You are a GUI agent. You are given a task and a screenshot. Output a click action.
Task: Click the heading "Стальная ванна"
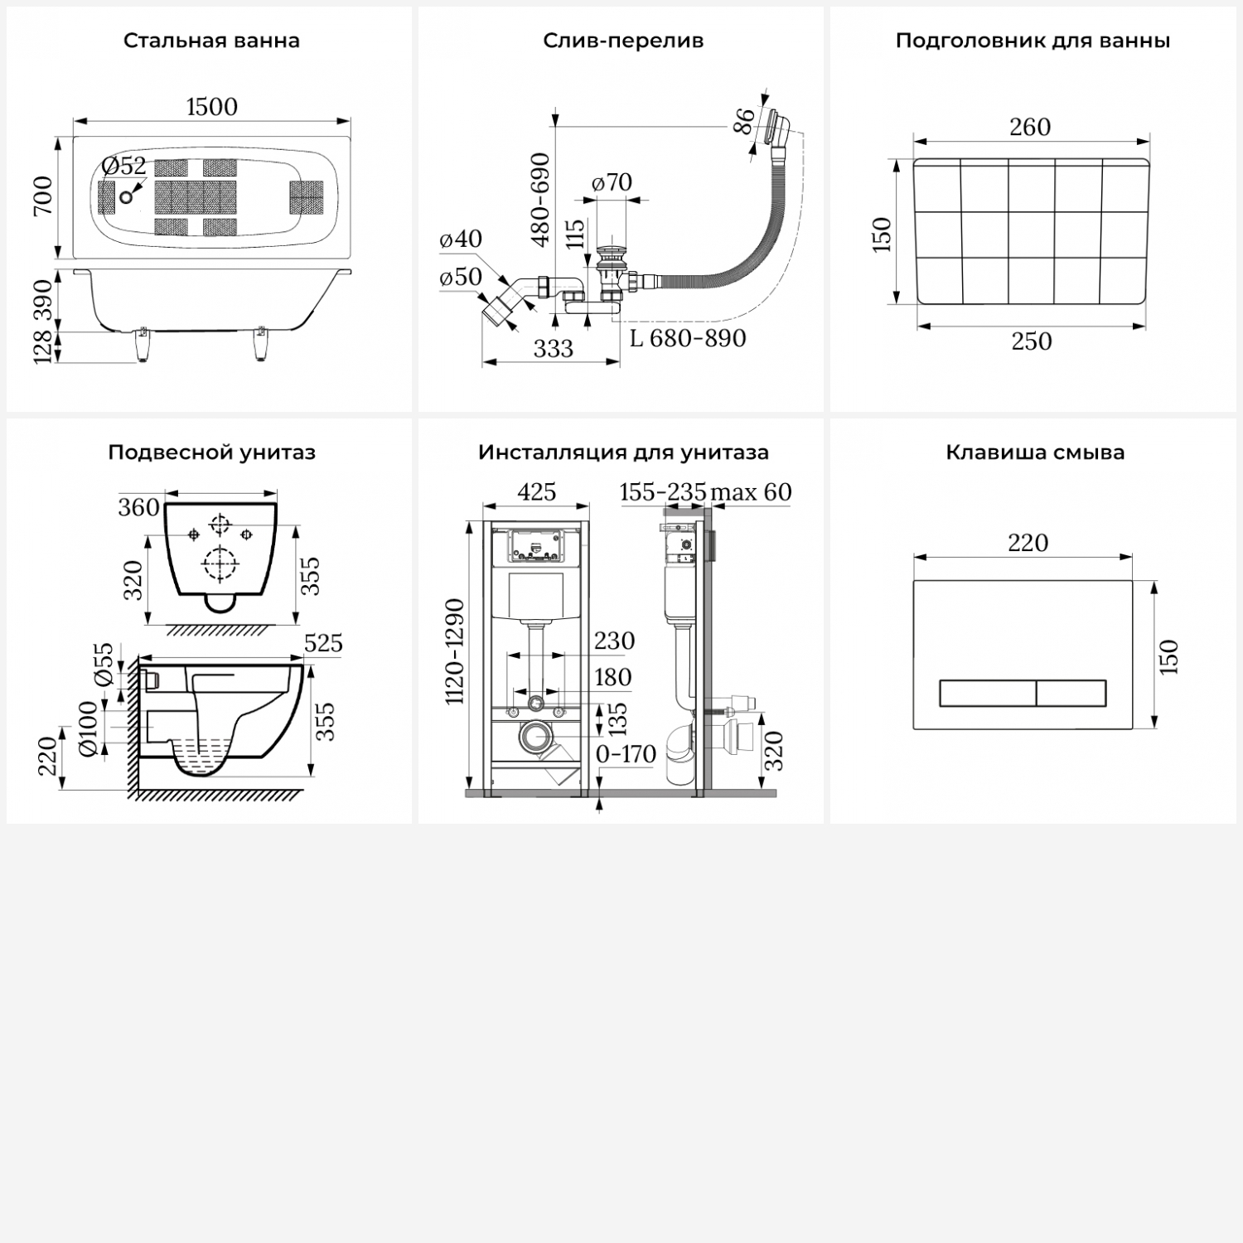click(211, 41)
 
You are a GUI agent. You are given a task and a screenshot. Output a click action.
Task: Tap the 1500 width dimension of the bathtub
click(212, 107)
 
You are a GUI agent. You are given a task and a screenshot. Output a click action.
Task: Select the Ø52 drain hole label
click(124, 167)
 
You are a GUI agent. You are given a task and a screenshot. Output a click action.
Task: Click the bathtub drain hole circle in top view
click(126, 197)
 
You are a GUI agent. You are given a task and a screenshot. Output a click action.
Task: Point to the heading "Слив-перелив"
click(623, 41)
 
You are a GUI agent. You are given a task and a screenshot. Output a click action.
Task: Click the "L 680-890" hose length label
click(688, 338)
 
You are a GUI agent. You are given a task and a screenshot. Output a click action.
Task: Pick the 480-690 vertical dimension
click(540, 200)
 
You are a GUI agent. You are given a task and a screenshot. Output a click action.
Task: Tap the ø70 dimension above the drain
click(612, 182)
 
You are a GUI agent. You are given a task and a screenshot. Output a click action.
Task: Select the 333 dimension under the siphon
click(553, 349)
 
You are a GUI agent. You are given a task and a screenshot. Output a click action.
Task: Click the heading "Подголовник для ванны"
click(1033, 41)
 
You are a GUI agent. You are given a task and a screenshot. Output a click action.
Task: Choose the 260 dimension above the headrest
click(1030, 127)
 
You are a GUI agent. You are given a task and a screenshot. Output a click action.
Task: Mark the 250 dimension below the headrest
click(1032, 341)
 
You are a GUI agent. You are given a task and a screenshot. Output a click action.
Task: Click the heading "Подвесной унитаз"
click(211, 452)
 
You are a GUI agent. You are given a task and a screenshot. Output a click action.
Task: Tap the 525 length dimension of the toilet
click(323, 643)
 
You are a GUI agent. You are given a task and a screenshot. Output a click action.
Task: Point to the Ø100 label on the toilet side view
click(88, 729)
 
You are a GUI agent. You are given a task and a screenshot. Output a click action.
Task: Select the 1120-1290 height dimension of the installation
click(455, 652)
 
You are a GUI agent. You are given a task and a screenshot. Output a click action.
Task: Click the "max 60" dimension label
click(751, 492)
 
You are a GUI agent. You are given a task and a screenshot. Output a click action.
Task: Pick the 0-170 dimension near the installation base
click(626, 754)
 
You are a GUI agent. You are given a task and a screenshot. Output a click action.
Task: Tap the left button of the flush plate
click(987, 694)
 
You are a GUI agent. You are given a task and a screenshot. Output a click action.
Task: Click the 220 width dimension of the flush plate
click(1028, 543)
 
